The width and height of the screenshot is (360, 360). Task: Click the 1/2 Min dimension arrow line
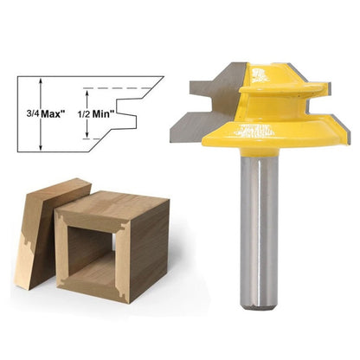(87, 113)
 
